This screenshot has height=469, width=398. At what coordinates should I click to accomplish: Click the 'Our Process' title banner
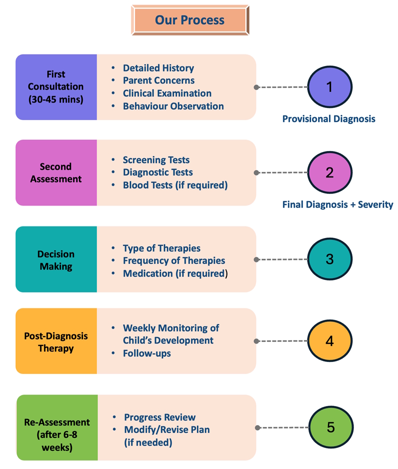pos(190,20)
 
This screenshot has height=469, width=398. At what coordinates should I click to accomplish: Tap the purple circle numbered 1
pos(330,86)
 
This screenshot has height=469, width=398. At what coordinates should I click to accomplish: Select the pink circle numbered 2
pos(330,172)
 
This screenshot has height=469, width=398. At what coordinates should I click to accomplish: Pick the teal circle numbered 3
pos(330,259)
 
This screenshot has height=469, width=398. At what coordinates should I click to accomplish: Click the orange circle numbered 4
pos(330,340)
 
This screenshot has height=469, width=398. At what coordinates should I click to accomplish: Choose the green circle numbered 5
pos(331,427)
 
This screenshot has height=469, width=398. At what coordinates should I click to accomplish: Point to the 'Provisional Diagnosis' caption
pos(329,118)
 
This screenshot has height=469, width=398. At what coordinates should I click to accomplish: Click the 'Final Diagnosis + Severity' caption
pos(338,204)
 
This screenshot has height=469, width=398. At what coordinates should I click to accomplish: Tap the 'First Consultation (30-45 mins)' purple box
pos(56,87)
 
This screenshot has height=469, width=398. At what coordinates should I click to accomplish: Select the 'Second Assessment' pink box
pos(56,172)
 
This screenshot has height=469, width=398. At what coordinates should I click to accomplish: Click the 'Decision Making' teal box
pos(56,259)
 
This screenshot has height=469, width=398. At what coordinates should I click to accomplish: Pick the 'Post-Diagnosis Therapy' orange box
pos(56,341)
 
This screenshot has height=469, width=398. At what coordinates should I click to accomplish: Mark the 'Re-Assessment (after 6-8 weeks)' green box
pos(57,427)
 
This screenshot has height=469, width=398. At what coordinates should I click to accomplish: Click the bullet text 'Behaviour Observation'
pos(173,106)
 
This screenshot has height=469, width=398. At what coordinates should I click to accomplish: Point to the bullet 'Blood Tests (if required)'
pos(175,185)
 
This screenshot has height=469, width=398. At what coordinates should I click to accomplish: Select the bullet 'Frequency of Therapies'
pos(174,260)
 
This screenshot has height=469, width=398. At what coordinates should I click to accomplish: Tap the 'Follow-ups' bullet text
pos(147,353)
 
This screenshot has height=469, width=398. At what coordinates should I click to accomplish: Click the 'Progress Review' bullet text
pos(160,417)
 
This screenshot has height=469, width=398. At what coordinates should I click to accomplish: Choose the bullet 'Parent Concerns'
pos(159,80)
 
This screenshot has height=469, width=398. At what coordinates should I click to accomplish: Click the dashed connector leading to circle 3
pos(282,259)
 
